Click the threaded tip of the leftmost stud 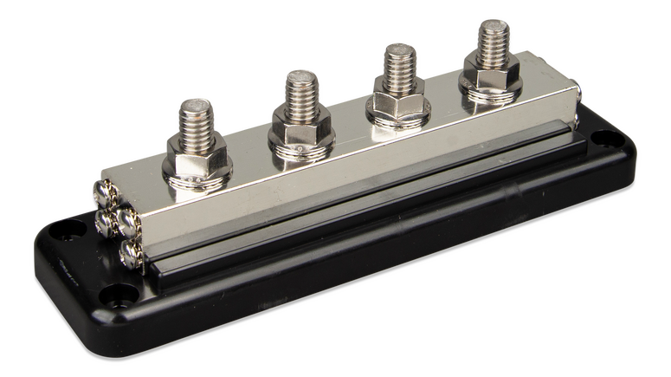click(x=197, y=116)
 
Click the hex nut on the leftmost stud click(x=198, y=158)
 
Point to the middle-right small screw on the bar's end click(x=130, y=224)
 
